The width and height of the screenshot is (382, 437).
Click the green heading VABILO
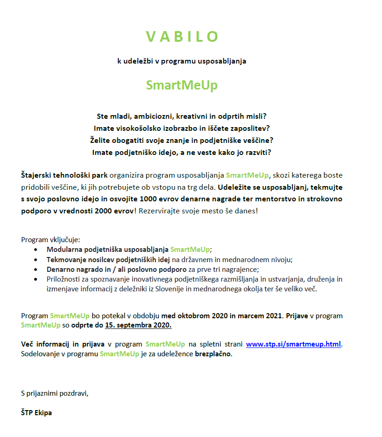click(182, 37)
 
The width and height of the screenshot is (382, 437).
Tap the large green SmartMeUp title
click(181, 85)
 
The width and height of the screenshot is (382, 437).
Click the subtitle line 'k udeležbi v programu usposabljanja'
click(181, 61)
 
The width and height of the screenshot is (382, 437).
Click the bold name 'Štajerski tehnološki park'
click(64, 175)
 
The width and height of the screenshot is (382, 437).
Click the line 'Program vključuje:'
click(51, 240)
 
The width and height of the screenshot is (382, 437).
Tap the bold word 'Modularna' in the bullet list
click(63, 249)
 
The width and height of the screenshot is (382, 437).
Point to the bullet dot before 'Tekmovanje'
click(37, 260)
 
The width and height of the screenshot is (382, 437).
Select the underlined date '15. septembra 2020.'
click(138, 325)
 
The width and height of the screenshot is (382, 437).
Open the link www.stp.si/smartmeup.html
click(293, 344)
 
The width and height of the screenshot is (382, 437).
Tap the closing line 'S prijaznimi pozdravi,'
click(54, 393)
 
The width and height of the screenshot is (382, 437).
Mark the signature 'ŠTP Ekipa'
click(36, 413)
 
